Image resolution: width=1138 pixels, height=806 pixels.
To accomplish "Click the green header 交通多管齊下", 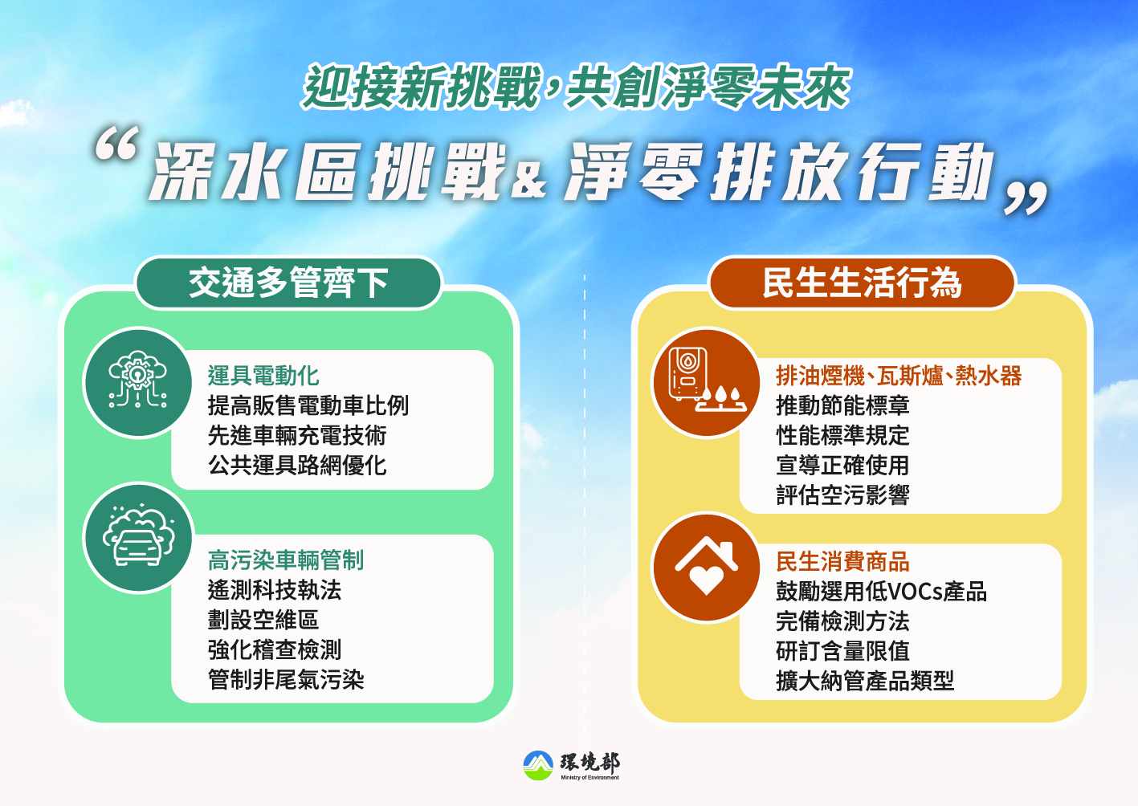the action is tap(288, 283).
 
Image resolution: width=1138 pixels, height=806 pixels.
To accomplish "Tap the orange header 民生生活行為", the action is tap(862, 283).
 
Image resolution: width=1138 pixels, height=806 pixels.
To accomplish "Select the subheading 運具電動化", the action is tap(263, 376).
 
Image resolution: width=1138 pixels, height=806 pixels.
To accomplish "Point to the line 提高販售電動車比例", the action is tap(308, 405).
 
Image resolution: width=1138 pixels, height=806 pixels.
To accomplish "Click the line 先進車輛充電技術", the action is tap(297, 435).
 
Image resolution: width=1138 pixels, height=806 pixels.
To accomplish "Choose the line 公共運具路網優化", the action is tap(297, 465).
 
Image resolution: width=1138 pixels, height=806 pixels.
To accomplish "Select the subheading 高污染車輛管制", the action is tap(286, 560).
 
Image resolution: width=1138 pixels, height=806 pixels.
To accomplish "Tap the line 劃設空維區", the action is tap(263, 620).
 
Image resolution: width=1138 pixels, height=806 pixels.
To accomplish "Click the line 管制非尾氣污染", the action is tap(286, 680).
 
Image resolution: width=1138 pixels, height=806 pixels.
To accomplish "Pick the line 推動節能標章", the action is tap(842, 405).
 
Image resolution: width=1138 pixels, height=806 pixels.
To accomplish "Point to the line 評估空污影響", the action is tap(842, 495).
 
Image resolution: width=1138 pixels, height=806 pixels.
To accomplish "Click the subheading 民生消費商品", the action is tap(842, 562).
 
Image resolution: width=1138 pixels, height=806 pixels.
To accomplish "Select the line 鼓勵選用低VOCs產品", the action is tap(881, 592).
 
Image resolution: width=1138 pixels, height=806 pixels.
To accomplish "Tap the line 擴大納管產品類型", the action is tap(865, 681).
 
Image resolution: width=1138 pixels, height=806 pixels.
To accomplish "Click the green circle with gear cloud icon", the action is tap(137, 382).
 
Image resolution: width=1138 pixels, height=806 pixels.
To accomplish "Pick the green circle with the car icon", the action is tap(137, 537).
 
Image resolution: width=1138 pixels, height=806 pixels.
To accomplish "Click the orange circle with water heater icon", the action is tap(706, 382).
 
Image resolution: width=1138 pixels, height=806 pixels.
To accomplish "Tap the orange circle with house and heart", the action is tap(706, 567).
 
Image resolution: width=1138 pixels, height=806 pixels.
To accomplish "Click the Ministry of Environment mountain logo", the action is tap(538, 765).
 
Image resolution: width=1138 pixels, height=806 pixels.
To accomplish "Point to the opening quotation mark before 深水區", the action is tap(116, 145).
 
